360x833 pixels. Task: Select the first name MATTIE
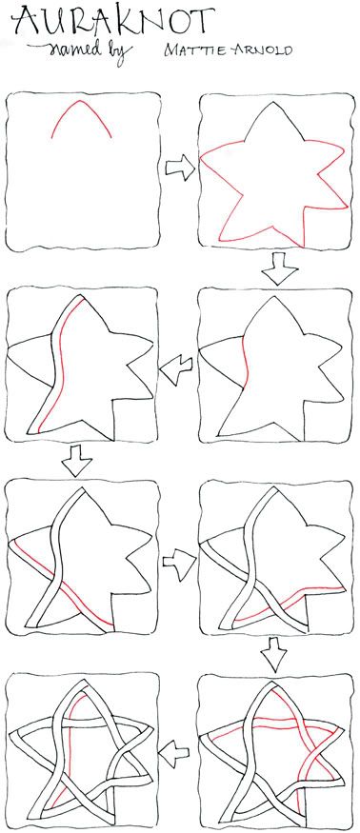(x=198, y=50)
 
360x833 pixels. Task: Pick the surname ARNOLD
(x=263, y=50)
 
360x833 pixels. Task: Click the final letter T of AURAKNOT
(x=203, y=20)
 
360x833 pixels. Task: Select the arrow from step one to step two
(x=180, y=168)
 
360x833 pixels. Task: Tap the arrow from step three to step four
(x=176, y=368)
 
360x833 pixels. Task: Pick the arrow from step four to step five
(x=76, y=460)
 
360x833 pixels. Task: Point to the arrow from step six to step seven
(x=275, y=655)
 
